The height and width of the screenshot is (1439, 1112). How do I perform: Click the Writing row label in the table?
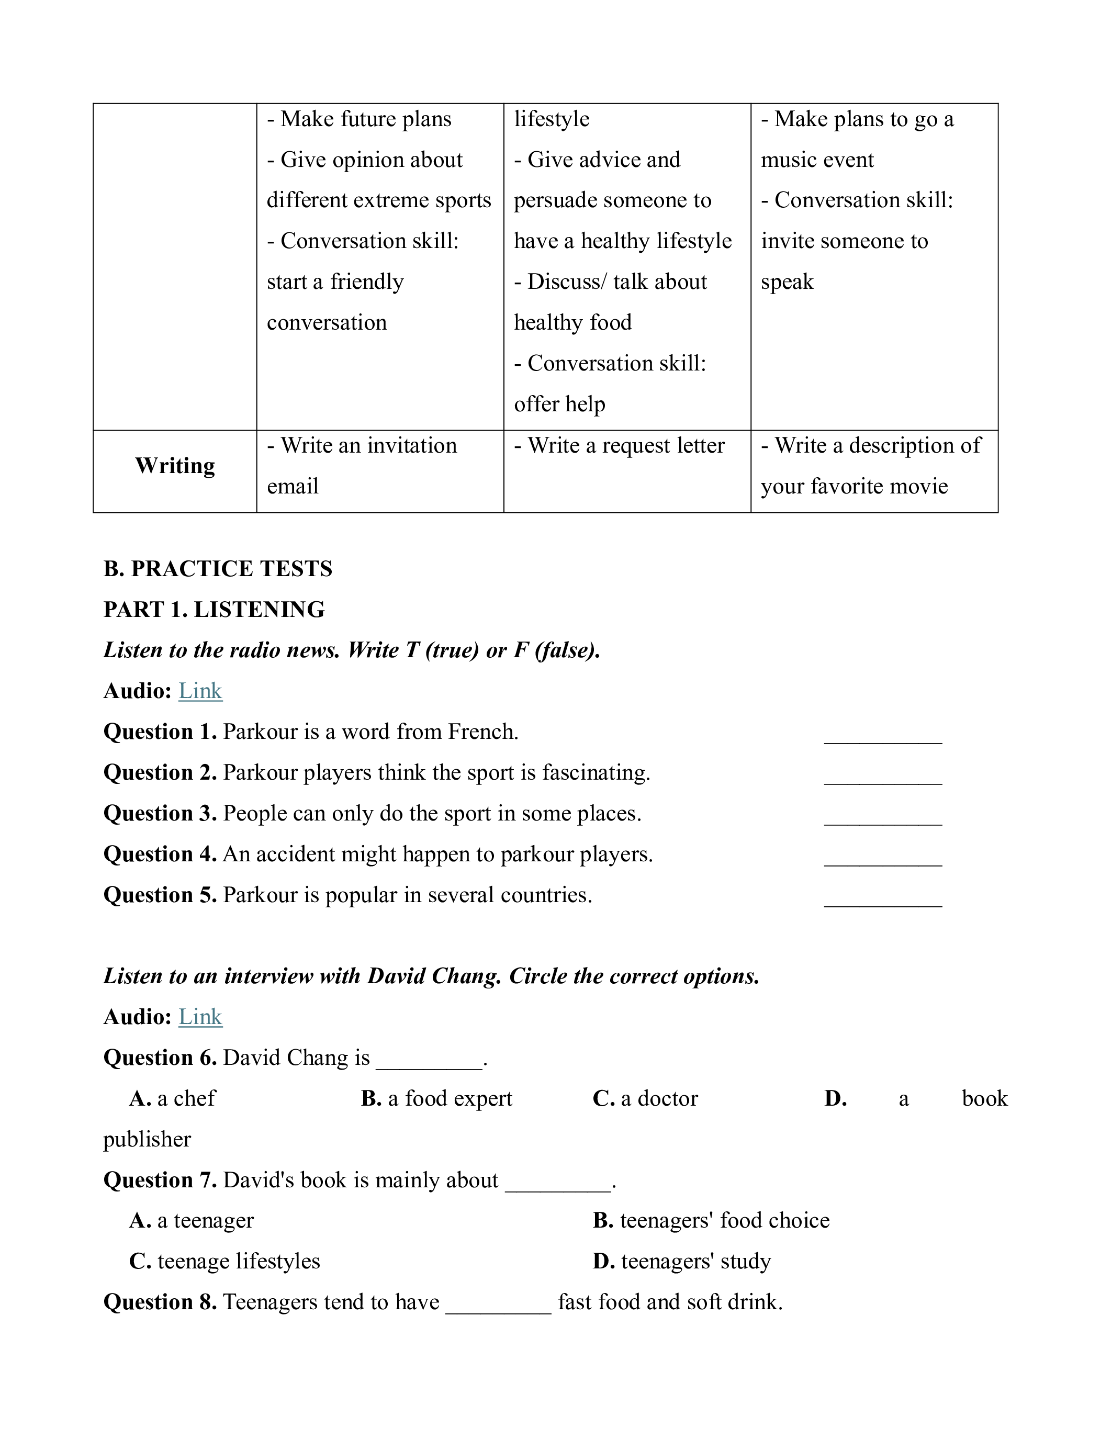(175, 466)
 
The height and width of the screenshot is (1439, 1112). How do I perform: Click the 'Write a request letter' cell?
(619, 446)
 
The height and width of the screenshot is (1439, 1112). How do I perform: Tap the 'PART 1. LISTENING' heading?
(214, 610)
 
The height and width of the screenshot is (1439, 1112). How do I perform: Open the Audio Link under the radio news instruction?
(200, 691)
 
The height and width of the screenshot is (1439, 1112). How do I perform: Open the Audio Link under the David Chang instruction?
(200, 1017)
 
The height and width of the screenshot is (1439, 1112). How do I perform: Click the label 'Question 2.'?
(160, 773)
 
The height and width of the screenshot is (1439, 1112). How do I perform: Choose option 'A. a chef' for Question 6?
(173, 1099)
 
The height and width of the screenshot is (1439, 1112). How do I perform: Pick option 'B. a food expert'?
(436, 1099)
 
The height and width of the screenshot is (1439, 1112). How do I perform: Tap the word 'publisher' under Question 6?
(147, 1140)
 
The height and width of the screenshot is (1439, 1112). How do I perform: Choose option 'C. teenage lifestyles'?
(224, 1262)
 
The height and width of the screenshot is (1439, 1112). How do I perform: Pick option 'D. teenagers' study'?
(681, 1262)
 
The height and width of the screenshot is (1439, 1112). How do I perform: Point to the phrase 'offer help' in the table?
(559, 404)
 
